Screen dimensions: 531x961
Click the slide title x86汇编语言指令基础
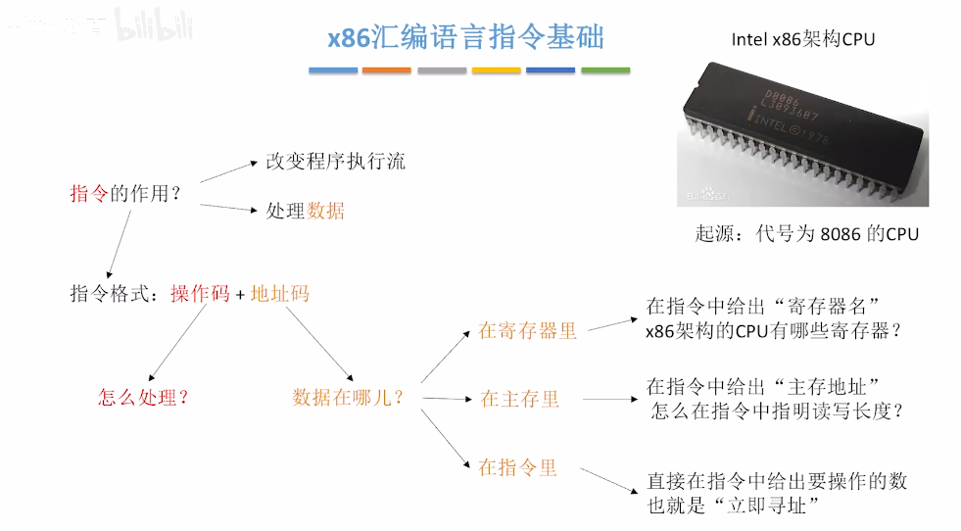coord(465,37)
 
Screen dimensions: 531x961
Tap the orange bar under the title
coord(386,71)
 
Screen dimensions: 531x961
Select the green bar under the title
coord(605,71)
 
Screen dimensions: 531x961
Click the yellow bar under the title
coord(496,71)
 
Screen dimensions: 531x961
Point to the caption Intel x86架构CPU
coord(802,39)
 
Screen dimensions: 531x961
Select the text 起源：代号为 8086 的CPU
coord(806,234)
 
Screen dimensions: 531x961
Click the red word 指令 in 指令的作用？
coord(88,193)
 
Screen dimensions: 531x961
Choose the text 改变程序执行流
coord(335,162)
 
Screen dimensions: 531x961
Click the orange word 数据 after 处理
coord(326,211)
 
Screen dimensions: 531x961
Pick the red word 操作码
coord(200,293)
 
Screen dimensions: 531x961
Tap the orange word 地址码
coord(280,293)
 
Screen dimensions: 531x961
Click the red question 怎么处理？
coord(143,398)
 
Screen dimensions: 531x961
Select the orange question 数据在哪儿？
coord(348,398)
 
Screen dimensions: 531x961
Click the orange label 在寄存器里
coord(527,331)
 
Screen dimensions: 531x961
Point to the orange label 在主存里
coord(519,399)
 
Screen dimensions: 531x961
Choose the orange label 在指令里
coord(517,467)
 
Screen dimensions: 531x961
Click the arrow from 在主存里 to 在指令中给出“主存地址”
coord(602,399)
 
